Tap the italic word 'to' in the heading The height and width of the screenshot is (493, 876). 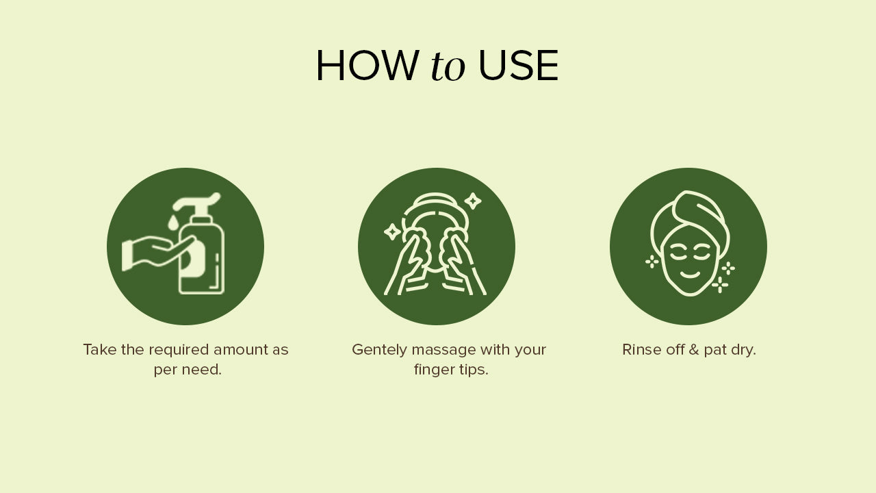(x=448, y=66)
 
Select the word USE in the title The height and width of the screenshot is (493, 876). (x=518, y=65)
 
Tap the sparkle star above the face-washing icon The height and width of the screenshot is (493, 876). (x=473, y=201)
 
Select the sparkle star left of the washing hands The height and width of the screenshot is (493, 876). (x=392, y=231)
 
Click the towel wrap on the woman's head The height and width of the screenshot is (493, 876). (x=691, y=219)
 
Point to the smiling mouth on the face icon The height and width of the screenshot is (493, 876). (x=690, y=275)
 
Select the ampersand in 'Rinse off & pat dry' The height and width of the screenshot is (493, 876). (x=694, y=350)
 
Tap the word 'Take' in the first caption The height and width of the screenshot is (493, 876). (x=100, y=350)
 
